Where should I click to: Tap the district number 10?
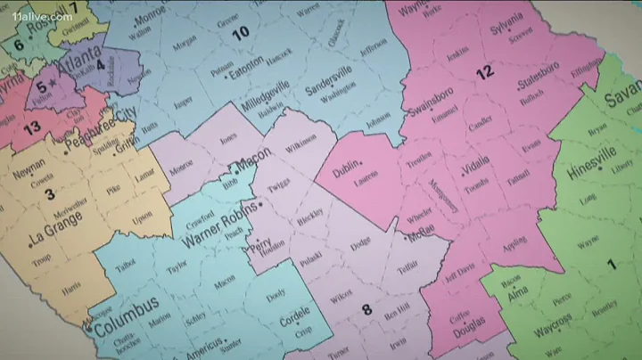point(240,35)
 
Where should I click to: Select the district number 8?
point(366,309)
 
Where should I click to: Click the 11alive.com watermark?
point(42,16)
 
